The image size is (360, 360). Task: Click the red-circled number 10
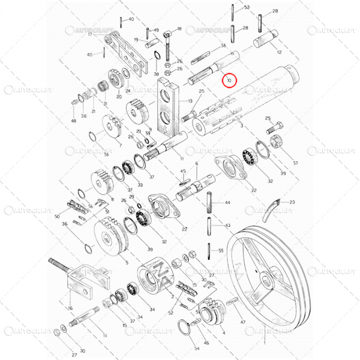pyautogui.click(x=229, y=80)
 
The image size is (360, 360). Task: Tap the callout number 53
pyautogui.click(x=247, y=7)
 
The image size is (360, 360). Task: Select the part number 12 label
pyautogui.click(x=279, y=52)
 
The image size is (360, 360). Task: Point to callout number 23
pyautogui.click(x=292, y=202)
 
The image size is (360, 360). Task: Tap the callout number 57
pyautogui.click(x=295, y=163)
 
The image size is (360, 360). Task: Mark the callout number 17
pyautogui.click(x=89, y=34)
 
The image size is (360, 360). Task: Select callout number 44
pyautogui.click(x=228, y=203)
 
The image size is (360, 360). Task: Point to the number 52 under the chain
pyautogui.click(x=171, y=312)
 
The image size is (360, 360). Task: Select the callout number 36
pyautogui.click(x=65, y=224)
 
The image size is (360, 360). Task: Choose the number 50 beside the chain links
pyautogui.click(x=57, y=217)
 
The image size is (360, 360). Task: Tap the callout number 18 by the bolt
pyautogui.click(x=179, y=29)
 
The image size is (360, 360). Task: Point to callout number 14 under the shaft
pyautogui.click(x=105, y=335)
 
